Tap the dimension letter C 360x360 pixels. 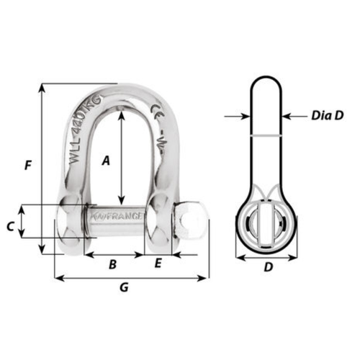(x=10, y=226)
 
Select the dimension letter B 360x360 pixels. (x=112, y=264)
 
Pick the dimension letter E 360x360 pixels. (x=158, y=264)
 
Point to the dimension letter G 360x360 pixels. (x=123, y=288)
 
